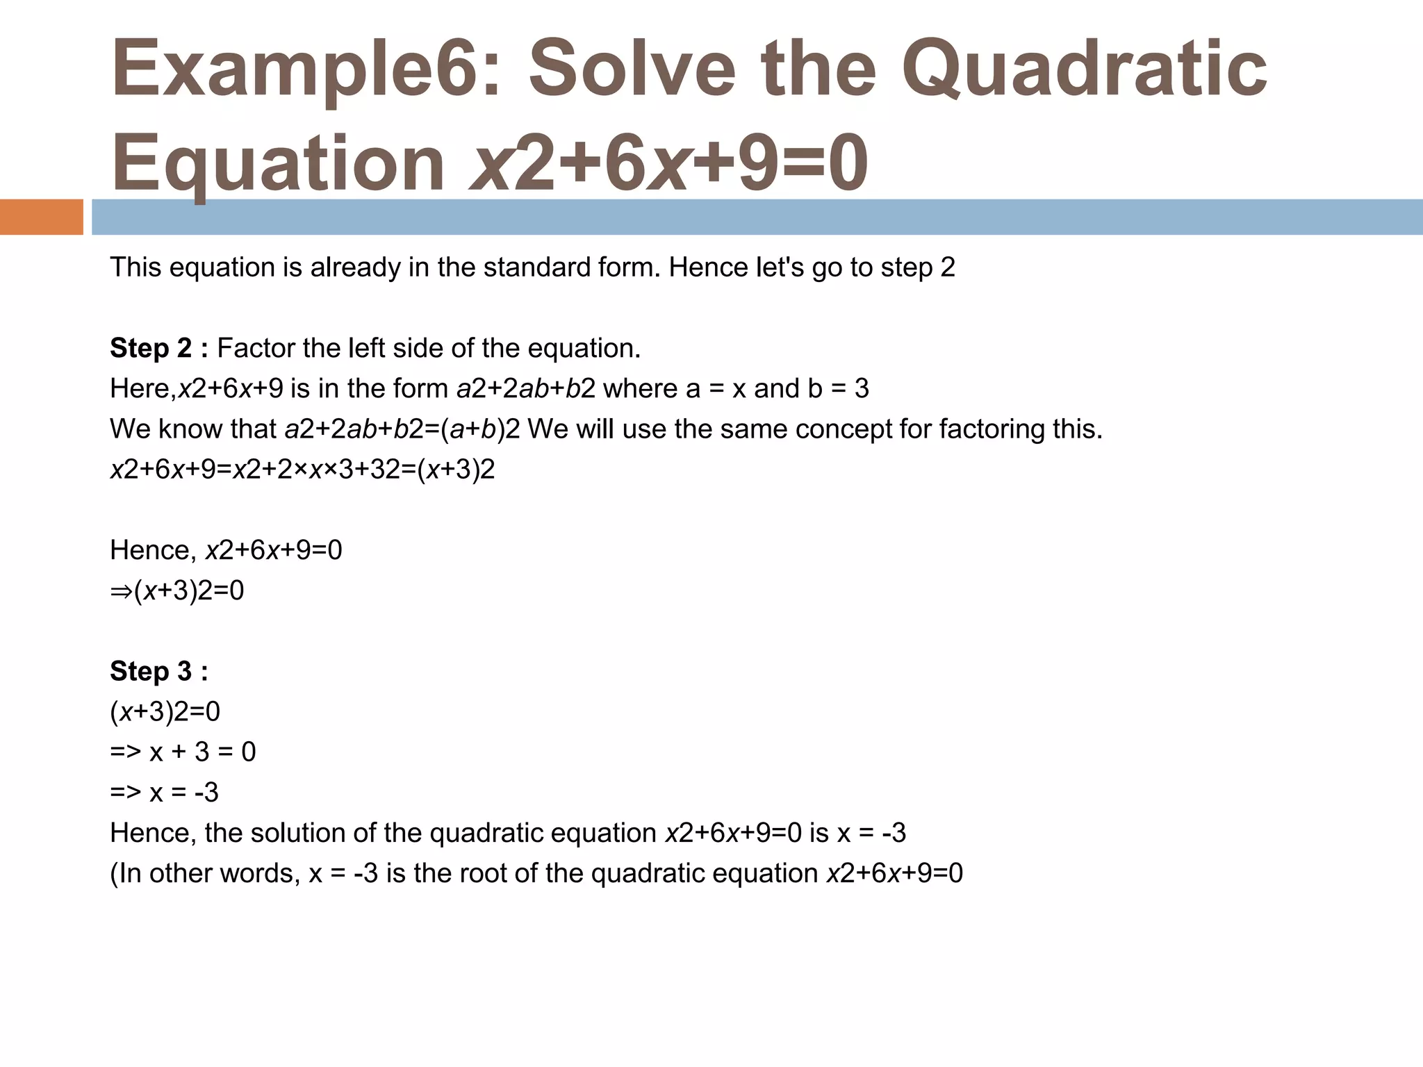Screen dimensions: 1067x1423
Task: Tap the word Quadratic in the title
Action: tap(1084, 69)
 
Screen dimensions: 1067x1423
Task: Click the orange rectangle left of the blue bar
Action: tap(41, 217)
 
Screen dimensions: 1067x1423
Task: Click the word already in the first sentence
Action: tap(355, 267)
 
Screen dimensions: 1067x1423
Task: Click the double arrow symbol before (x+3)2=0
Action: tap(121, 591)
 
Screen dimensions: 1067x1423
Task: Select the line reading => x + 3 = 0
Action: tap(183, 752)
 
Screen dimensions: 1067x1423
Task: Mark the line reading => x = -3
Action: tap(164, 793)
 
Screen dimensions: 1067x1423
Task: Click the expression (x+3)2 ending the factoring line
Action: tap(456, 470)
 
